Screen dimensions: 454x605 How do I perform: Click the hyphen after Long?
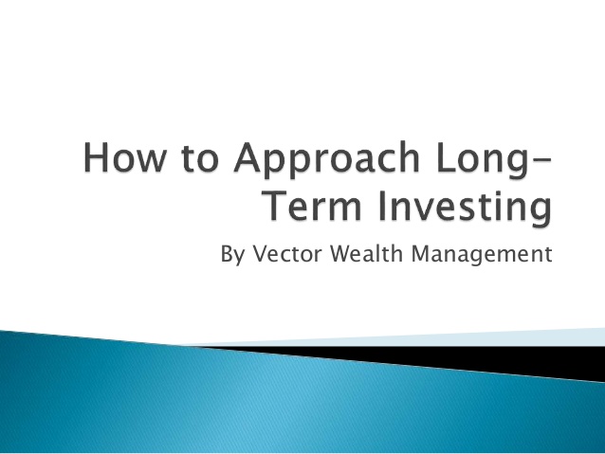tap(537, 163)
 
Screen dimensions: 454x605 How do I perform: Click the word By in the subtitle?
tap(231, 255)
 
